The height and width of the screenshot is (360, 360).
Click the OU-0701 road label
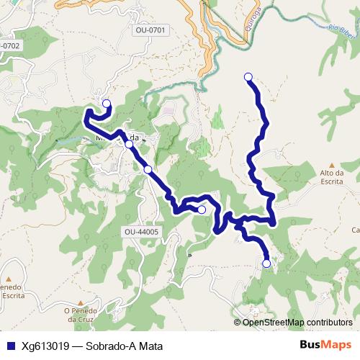click(x=150, y=30)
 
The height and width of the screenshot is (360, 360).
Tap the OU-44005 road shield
click(x=141, y=232)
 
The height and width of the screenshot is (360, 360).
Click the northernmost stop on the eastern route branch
click(x=248, y=77)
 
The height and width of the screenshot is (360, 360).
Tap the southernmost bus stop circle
click(x=266, y=264)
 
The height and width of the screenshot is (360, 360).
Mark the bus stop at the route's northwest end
click(x=107, y=104)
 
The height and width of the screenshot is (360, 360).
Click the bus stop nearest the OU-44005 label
click(x=201, y=210)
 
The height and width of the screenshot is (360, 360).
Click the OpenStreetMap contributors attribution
click(x=297, y=323)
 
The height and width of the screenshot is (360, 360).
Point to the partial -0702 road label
click(x=11, y=45)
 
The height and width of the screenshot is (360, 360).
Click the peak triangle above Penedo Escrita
click(x=9, y=279)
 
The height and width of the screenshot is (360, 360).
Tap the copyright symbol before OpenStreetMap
click(x=238, y=323)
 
